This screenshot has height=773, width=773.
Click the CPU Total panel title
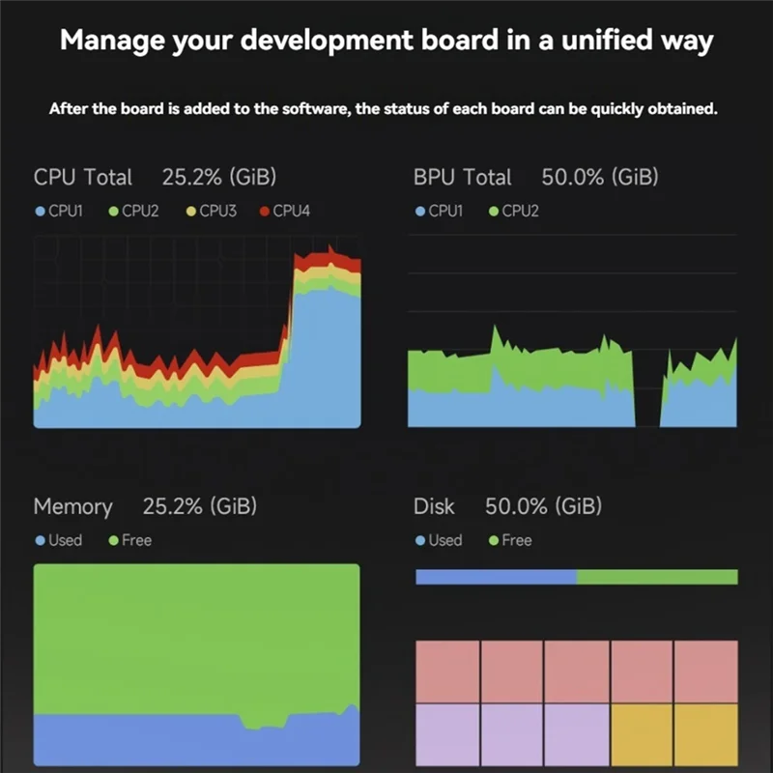(82, 177)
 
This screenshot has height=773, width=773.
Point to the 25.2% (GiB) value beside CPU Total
(219, 177)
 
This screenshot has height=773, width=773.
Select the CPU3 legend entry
(211, 211)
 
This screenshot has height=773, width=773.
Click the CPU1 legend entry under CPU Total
(59, 211)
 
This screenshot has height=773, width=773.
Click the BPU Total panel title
(462, 177)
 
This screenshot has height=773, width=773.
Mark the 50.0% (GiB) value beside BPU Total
(599, 177)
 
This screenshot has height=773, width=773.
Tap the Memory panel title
(72, 506)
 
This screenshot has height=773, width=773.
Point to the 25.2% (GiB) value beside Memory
(200, 506)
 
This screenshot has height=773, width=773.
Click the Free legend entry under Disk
(509, 540)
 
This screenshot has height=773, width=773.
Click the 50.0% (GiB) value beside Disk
(543, 506)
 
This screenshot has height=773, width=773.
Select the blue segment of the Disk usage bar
(496, 577)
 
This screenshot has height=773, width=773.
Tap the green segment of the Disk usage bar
(657, 577)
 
